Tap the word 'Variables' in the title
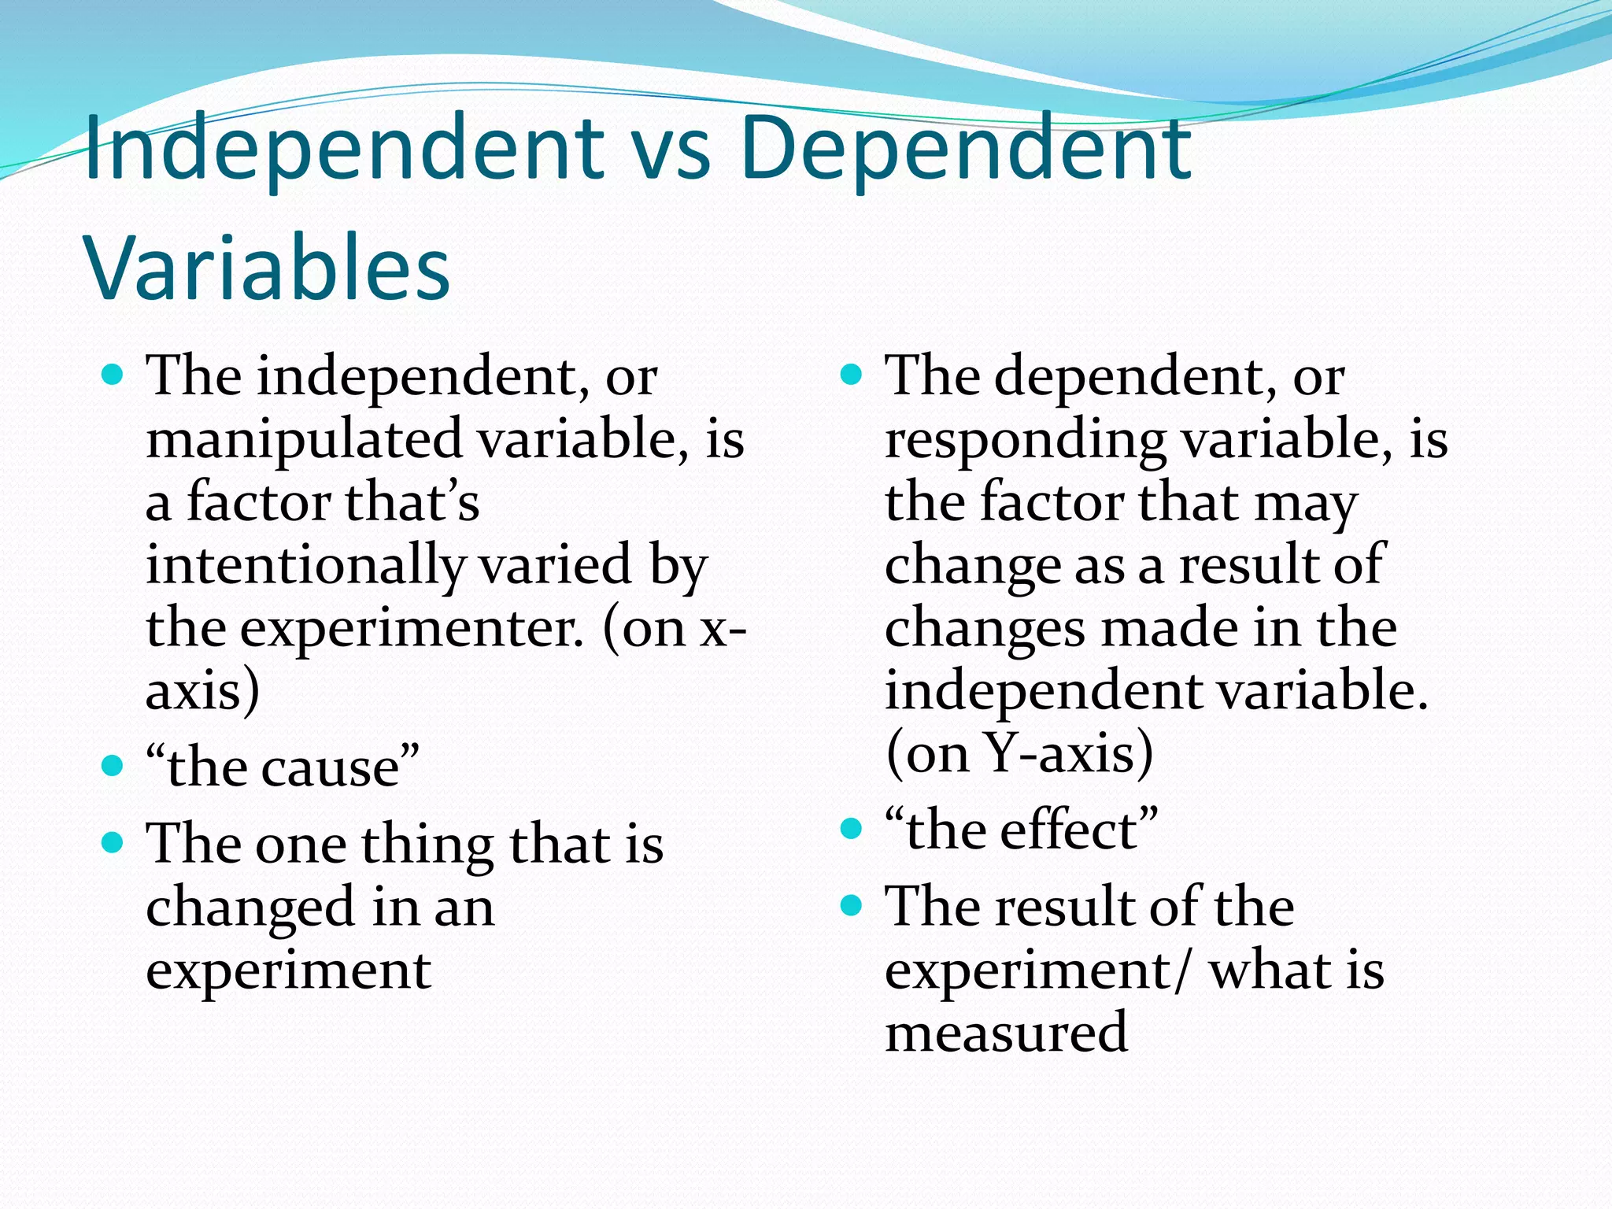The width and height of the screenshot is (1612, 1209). pyautogui.click(x=268, y=268)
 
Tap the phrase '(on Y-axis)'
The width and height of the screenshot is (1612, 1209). pyautogui.click(x=1019, y=753)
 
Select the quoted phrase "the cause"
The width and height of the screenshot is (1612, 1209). pyautogui.click(x=283, y=767)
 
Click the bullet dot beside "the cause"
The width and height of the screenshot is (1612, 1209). pyautogui.click(x=113, y=765)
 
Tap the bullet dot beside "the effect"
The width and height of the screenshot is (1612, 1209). pyautogui.click(x=852, y=828)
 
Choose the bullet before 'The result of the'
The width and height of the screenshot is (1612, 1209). pyautogui.click(x=852, y=905)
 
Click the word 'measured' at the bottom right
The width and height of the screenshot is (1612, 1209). pyautogui.click(x=1006, y=1033)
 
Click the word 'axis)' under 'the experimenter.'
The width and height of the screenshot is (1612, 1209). pyautogui.click(x=202, y=691)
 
